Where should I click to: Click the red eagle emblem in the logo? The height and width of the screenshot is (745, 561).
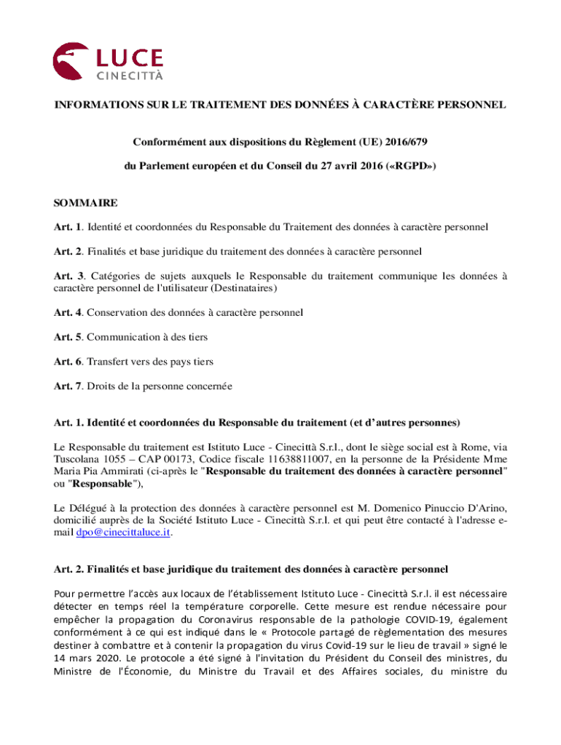click(x=68, y=60)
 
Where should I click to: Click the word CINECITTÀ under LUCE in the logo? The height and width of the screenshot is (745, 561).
click(x=130, y=76)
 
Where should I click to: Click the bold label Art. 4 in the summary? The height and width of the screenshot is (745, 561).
click(x=68, y=312)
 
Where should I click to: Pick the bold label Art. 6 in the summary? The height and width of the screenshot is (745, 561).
click(x=68, y=362)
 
